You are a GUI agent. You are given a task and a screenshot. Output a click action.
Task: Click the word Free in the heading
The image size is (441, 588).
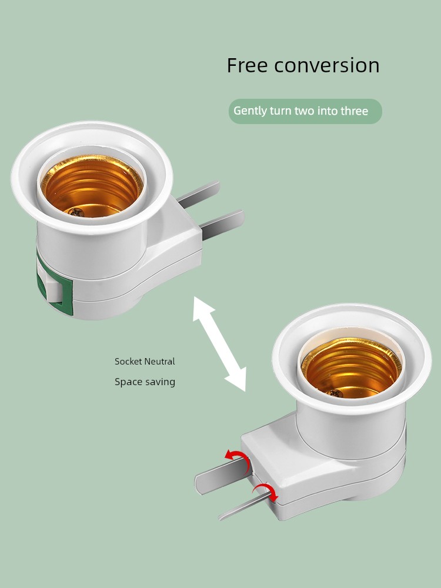(247, 65)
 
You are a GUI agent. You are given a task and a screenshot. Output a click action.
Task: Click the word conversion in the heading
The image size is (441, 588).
(326, 65)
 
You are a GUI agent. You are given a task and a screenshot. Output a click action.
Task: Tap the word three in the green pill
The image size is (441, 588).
(355, 111)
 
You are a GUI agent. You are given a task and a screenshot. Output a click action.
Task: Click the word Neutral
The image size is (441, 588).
(160, 362)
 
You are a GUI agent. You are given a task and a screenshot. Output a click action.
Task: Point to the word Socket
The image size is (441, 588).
(128, 362)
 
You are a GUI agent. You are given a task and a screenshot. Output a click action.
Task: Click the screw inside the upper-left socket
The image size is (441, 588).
(76, 212)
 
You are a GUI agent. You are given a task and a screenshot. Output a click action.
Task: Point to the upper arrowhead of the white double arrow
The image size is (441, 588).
(202, 308)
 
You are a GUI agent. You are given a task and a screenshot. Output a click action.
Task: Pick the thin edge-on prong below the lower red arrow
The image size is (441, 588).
(244, 506)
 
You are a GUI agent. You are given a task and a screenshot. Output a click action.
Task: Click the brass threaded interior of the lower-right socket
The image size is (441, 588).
(352, 367)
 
